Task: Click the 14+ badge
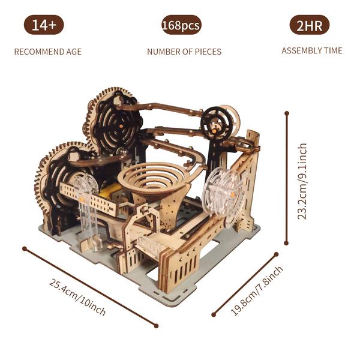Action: tap(44, 25)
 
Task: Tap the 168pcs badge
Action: tap(181, 25)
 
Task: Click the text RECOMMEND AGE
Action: tap(48, 52)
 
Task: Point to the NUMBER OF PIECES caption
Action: tap(184, 52)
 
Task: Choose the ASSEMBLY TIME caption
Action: tap(312, 50)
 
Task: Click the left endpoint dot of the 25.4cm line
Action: tap(24, 247)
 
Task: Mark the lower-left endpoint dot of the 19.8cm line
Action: tap(213, 314)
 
